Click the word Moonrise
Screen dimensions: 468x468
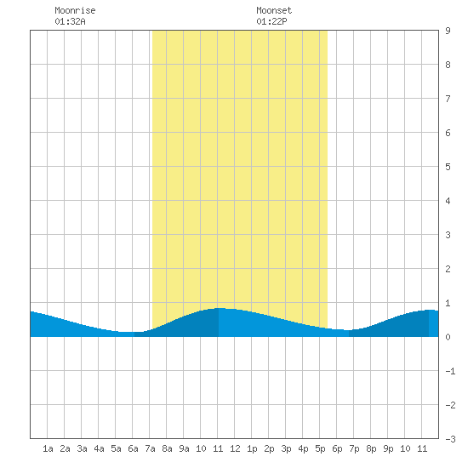coord(75,10)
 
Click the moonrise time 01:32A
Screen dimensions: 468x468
coord(70,21)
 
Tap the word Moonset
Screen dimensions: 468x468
coord(274,10)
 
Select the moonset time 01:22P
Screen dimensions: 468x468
coord(271,21)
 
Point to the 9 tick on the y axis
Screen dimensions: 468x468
coord(448,31)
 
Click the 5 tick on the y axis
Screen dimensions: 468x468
coord(448,167)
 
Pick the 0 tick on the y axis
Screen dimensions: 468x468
coord(448,337)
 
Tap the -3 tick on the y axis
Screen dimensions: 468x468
coord(450,439)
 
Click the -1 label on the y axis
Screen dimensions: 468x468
coord(450,371)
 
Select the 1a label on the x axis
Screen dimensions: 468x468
coord(48,448)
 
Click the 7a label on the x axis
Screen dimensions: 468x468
coord(150,448)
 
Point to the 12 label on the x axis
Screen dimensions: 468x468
coord(235,448)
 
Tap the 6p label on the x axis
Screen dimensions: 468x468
coord(337,448)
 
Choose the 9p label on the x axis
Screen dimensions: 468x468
coord(388,448)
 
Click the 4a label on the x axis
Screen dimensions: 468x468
coord(99,448)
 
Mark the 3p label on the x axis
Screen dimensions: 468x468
coord(286,448)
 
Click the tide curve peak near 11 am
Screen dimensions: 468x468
coord(220,308)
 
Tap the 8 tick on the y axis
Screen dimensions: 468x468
coord(448,65)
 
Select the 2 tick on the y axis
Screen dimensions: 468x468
coord(448,269)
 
